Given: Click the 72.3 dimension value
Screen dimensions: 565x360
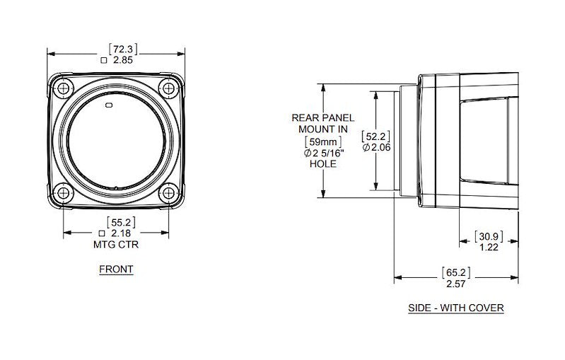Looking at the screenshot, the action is point(123,49).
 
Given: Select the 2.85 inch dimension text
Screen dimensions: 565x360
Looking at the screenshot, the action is point(123,60).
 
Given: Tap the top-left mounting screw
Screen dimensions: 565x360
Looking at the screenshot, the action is point(64,88).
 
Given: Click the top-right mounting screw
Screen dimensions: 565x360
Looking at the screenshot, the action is point(168,88).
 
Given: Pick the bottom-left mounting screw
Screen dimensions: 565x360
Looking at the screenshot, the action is point(64,193).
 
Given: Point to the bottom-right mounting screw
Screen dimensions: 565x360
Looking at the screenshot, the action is point(168,193).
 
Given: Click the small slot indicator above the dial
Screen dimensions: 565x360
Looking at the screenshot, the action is point(109,105).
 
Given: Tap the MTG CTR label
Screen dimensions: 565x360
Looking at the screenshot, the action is point(116,245).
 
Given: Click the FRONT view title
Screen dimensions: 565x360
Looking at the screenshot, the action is point(116,269).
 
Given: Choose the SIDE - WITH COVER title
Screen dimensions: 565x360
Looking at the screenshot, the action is point(456,308).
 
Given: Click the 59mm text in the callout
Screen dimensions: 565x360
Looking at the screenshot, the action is point(323,141).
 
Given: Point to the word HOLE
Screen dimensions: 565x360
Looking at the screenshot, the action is point(323,164).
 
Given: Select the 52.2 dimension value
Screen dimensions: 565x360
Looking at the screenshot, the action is point(375,137).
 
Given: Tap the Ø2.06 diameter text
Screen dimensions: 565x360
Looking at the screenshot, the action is point(376,147).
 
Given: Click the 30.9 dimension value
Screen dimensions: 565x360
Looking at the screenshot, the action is point(489,236).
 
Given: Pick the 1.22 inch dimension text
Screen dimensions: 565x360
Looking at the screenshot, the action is point(489,248).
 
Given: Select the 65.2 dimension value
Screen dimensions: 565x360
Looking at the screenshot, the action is point(456,273).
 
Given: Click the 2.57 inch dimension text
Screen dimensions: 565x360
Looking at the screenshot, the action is point(456,284).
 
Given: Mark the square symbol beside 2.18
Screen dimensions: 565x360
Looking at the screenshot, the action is point(102,233).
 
